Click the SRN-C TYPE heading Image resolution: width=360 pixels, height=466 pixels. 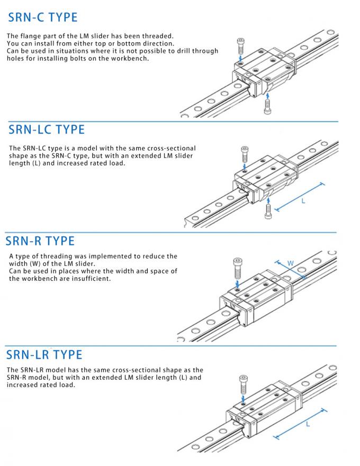click(43, 17)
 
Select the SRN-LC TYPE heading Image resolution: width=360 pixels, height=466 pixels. click(47, 130)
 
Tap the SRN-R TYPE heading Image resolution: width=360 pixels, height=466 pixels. click(40, 241)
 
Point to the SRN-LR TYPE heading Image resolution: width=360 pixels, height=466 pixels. click(44, 354)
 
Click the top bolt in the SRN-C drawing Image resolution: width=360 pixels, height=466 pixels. click(241, 43)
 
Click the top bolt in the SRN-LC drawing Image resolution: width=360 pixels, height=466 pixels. click(244, 154)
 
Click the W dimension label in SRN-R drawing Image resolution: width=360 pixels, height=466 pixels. click(290, 263)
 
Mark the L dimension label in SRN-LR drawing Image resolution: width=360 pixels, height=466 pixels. click(308, 424)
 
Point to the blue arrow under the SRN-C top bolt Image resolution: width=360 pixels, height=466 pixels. click(241, 56)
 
